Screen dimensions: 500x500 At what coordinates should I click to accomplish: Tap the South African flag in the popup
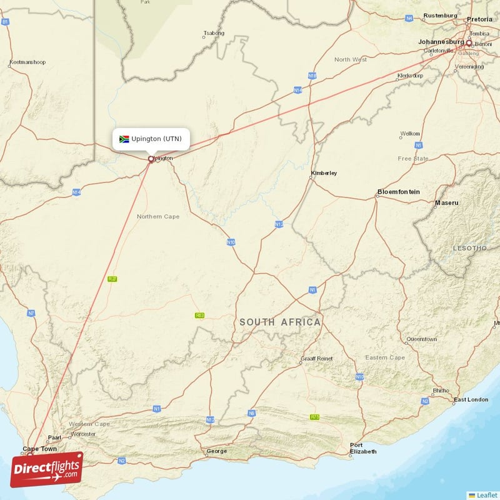point(124,139)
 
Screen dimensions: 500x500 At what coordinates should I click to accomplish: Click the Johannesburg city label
point(441,42)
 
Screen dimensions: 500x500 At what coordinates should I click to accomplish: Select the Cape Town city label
point(39,449)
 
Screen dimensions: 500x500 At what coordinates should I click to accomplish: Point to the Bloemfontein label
point(399,192)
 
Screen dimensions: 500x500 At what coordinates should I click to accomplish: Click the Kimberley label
point(324,172)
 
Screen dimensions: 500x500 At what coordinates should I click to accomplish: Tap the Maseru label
point(447,203)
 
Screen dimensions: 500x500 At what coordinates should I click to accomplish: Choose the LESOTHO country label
point(469,248)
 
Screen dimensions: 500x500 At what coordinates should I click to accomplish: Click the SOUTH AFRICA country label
point(280,322)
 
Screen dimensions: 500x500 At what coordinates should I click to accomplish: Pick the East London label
point(471,399)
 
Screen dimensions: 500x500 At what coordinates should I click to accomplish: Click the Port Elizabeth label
point(364,448)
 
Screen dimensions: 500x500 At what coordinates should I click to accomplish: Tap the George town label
point(217,451)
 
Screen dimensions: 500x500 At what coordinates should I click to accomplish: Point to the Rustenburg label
point(441,15)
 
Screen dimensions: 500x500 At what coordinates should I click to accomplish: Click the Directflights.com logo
point(47,469)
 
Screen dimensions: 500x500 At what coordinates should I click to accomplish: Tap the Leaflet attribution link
point(486,494)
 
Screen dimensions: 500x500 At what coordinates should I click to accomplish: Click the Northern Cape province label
point(158,217)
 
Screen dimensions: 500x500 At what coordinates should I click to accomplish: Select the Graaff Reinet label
point(317,359)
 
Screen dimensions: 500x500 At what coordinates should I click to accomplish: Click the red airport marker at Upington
point(151,159)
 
